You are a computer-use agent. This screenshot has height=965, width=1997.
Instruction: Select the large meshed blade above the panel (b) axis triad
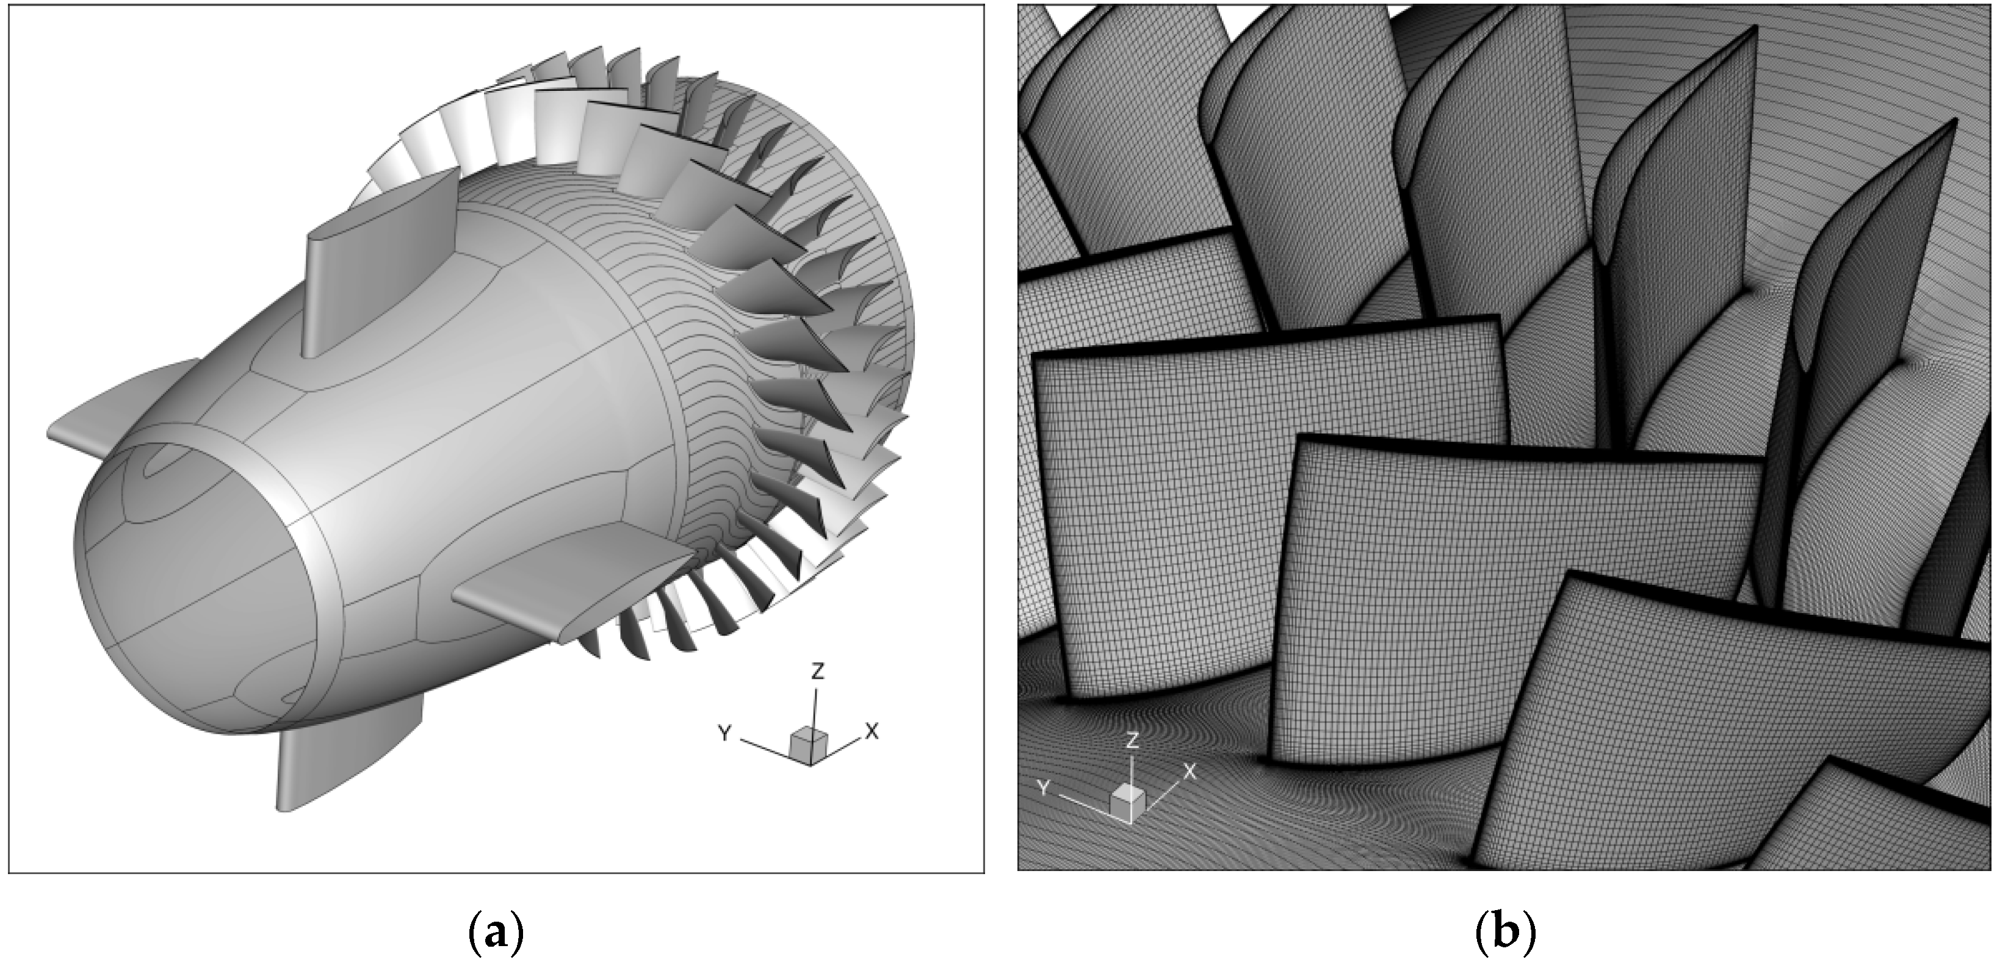click(1271, 527)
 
